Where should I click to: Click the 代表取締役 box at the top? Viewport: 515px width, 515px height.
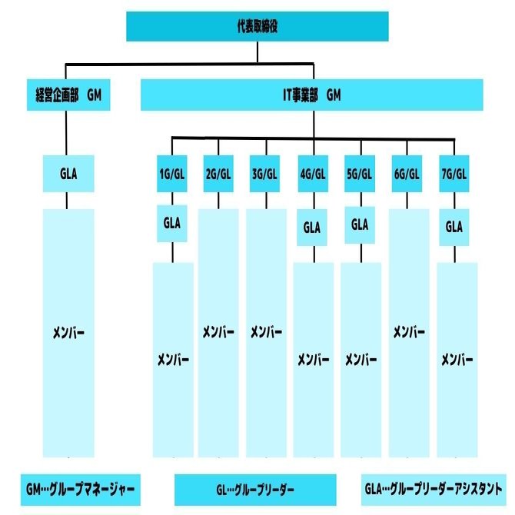[x=257, y=27]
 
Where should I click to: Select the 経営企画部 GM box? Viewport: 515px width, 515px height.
[x=68, y=95]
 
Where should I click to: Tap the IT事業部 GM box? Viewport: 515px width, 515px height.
[x=311, y=95]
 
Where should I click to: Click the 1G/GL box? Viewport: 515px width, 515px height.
[x=171, y=173]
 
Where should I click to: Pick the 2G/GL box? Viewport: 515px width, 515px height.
[x=218, y=173]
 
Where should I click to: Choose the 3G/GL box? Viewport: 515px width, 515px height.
[x=265, y=173]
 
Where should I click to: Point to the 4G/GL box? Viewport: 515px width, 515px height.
[x=312, y=173]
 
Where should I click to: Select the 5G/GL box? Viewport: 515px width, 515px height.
[x=359, y=173]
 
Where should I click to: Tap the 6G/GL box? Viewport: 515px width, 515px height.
[x=407, y=173]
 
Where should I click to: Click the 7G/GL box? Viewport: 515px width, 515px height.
[x=454, y=173]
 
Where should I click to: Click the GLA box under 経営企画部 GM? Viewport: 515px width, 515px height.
[x=68, y=173]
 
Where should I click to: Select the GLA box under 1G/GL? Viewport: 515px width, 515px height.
[x=171, y=223]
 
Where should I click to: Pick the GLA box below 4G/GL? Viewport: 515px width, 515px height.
[x=312, y=228]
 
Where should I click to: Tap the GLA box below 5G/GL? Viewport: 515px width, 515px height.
[x=359, y=224]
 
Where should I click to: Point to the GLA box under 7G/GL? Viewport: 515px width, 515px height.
[x=454, y=228]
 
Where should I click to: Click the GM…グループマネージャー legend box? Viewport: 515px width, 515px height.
[x=80, y=488]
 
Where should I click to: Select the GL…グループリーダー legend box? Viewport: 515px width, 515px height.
[x=255, y=489]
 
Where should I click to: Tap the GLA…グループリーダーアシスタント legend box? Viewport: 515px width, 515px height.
[x=434, y=488]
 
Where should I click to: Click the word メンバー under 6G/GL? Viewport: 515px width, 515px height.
[x=409, y=332]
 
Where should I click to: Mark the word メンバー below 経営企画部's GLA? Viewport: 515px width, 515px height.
[x=68, y=333]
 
